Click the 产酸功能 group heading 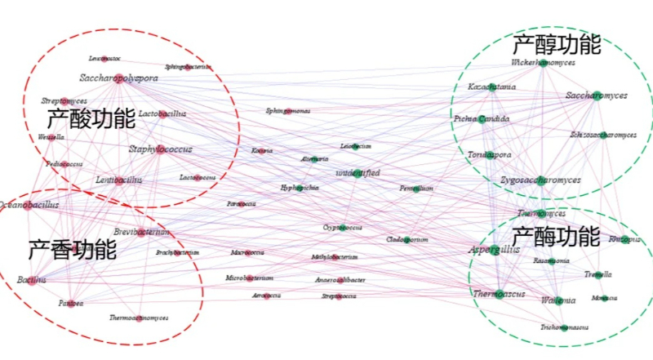pos(91,120)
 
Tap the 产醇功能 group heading pos(557,44)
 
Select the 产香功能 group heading pos(73,250)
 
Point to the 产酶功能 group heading pos(557,237)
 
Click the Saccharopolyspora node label pos(119,78)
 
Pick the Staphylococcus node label pos(161,150)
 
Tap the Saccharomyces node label pos(597,96)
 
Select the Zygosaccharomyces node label pos(540,180)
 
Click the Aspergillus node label pos(494,249)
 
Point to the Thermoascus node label pos(499,294)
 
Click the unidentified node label pos(358,173)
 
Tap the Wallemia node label pos(558,300)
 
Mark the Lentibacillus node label pos(118,180)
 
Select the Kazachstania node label pos(492,87)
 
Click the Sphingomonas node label pos(287,110)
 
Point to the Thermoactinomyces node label pos(139,318)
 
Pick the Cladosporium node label pos(407,240)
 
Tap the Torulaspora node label pos(489,154)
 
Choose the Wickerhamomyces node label pos(544,62)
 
